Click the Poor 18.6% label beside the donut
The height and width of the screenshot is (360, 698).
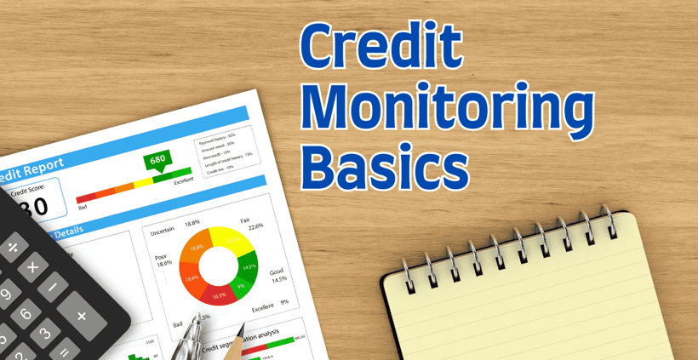tap(163, 260)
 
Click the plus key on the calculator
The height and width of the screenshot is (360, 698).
tap(82, 316)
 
